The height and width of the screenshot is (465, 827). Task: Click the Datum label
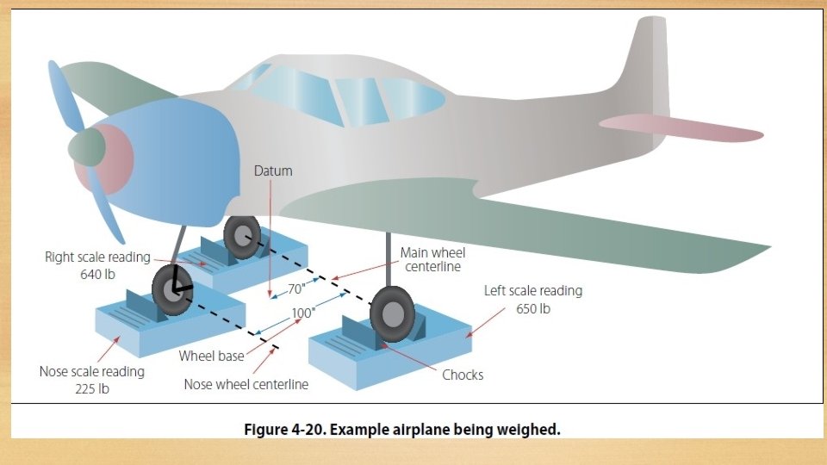pos(272,170)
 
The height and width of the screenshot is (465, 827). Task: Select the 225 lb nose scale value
pos(91,388)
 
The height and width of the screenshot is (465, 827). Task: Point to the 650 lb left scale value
pos(532,308)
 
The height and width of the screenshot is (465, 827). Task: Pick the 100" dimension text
pos(302,313)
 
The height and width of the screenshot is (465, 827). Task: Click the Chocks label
pos(463,375)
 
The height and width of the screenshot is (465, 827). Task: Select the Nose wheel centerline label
pos(246,384)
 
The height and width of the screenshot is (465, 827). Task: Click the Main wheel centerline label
pos(432,259)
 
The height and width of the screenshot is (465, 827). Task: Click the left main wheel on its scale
pos(392,314)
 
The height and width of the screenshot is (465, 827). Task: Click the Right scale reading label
pos(96,257)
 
